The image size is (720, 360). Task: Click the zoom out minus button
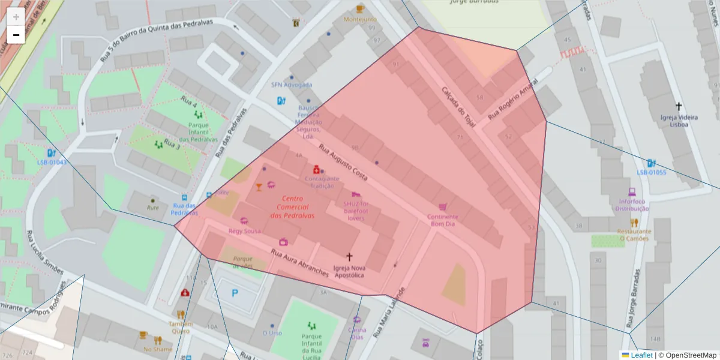tap(16, 35)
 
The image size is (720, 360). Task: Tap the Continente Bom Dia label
tap(443, 220)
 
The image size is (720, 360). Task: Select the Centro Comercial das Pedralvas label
tap(292, 207)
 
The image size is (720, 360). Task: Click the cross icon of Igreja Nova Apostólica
tap(349, 256)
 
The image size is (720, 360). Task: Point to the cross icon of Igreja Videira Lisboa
tap(679, 106)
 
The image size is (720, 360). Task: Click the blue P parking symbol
tap(235, 293)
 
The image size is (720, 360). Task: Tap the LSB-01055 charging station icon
tap(651, 163)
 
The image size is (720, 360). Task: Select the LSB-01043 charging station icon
tap(52, 152)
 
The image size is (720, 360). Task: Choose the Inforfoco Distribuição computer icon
tap(632, 192)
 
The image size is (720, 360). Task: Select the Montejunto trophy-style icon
tap(360, 8)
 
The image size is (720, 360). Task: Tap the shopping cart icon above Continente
tap(443, 206)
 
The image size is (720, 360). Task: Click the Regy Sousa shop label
tap(244, 230)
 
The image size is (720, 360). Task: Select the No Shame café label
tap(157, 349)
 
